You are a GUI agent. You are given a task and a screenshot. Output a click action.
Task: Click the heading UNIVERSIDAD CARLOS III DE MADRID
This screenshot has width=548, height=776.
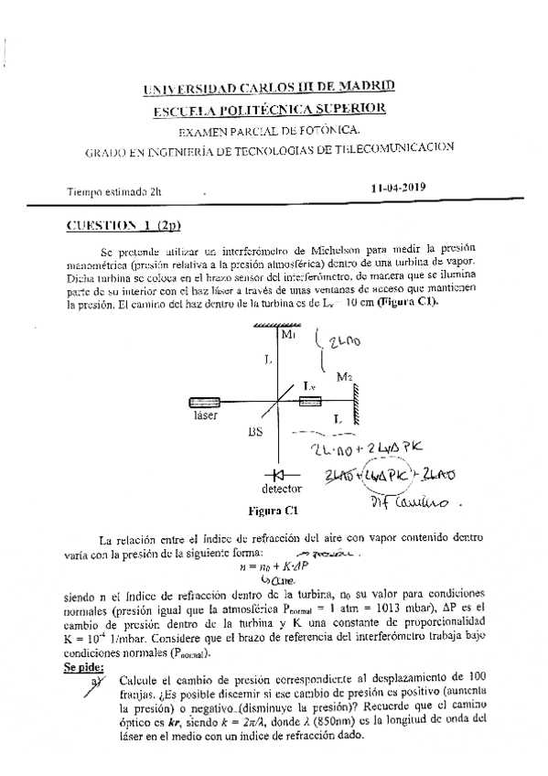click(270, 89)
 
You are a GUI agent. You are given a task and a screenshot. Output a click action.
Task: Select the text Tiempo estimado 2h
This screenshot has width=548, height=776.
click(113, 192)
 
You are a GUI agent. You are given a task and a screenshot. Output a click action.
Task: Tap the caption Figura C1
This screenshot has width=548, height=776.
click(274, 511)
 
